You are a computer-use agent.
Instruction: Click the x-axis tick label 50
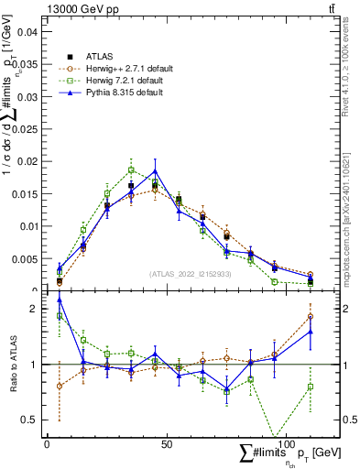[x=166, y=443]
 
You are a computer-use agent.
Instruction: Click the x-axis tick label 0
[x=47, y=443]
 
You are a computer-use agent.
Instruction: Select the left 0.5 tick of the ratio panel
[x=29, y=420]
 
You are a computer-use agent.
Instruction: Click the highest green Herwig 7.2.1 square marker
[x=131, y=169]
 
